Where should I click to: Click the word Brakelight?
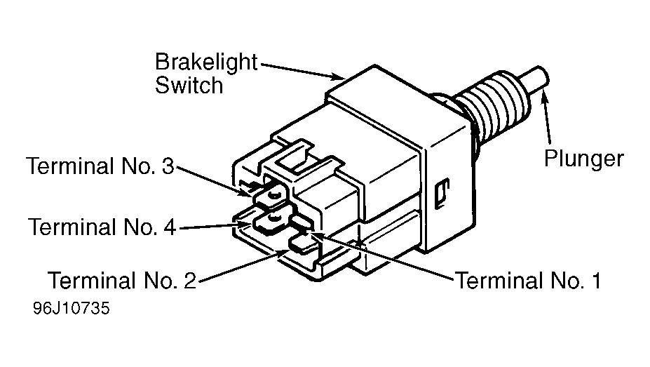tap(206, 63)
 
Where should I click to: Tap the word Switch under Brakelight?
tap(189, 86)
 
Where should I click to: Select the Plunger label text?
tap(583, 159)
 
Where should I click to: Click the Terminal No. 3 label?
tap(100, 166)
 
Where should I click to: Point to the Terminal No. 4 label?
tap(102, 227)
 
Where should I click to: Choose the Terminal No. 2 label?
tap(122, 280)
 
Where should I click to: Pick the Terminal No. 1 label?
tap(528, 280)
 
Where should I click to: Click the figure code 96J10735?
tap(72, 308)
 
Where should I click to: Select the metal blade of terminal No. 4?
tap(270, 222)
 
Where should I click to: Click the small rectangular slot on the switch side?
tap(442, 193)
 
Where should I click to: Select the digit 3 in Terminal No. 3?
tap(168, 166)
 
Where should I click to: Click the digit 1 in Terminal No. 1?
tap(596, 280)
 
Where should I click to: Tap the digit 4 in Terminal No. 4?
tap(170, 227)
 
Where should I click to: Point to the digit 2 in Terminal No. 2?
tap(189, 280)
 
